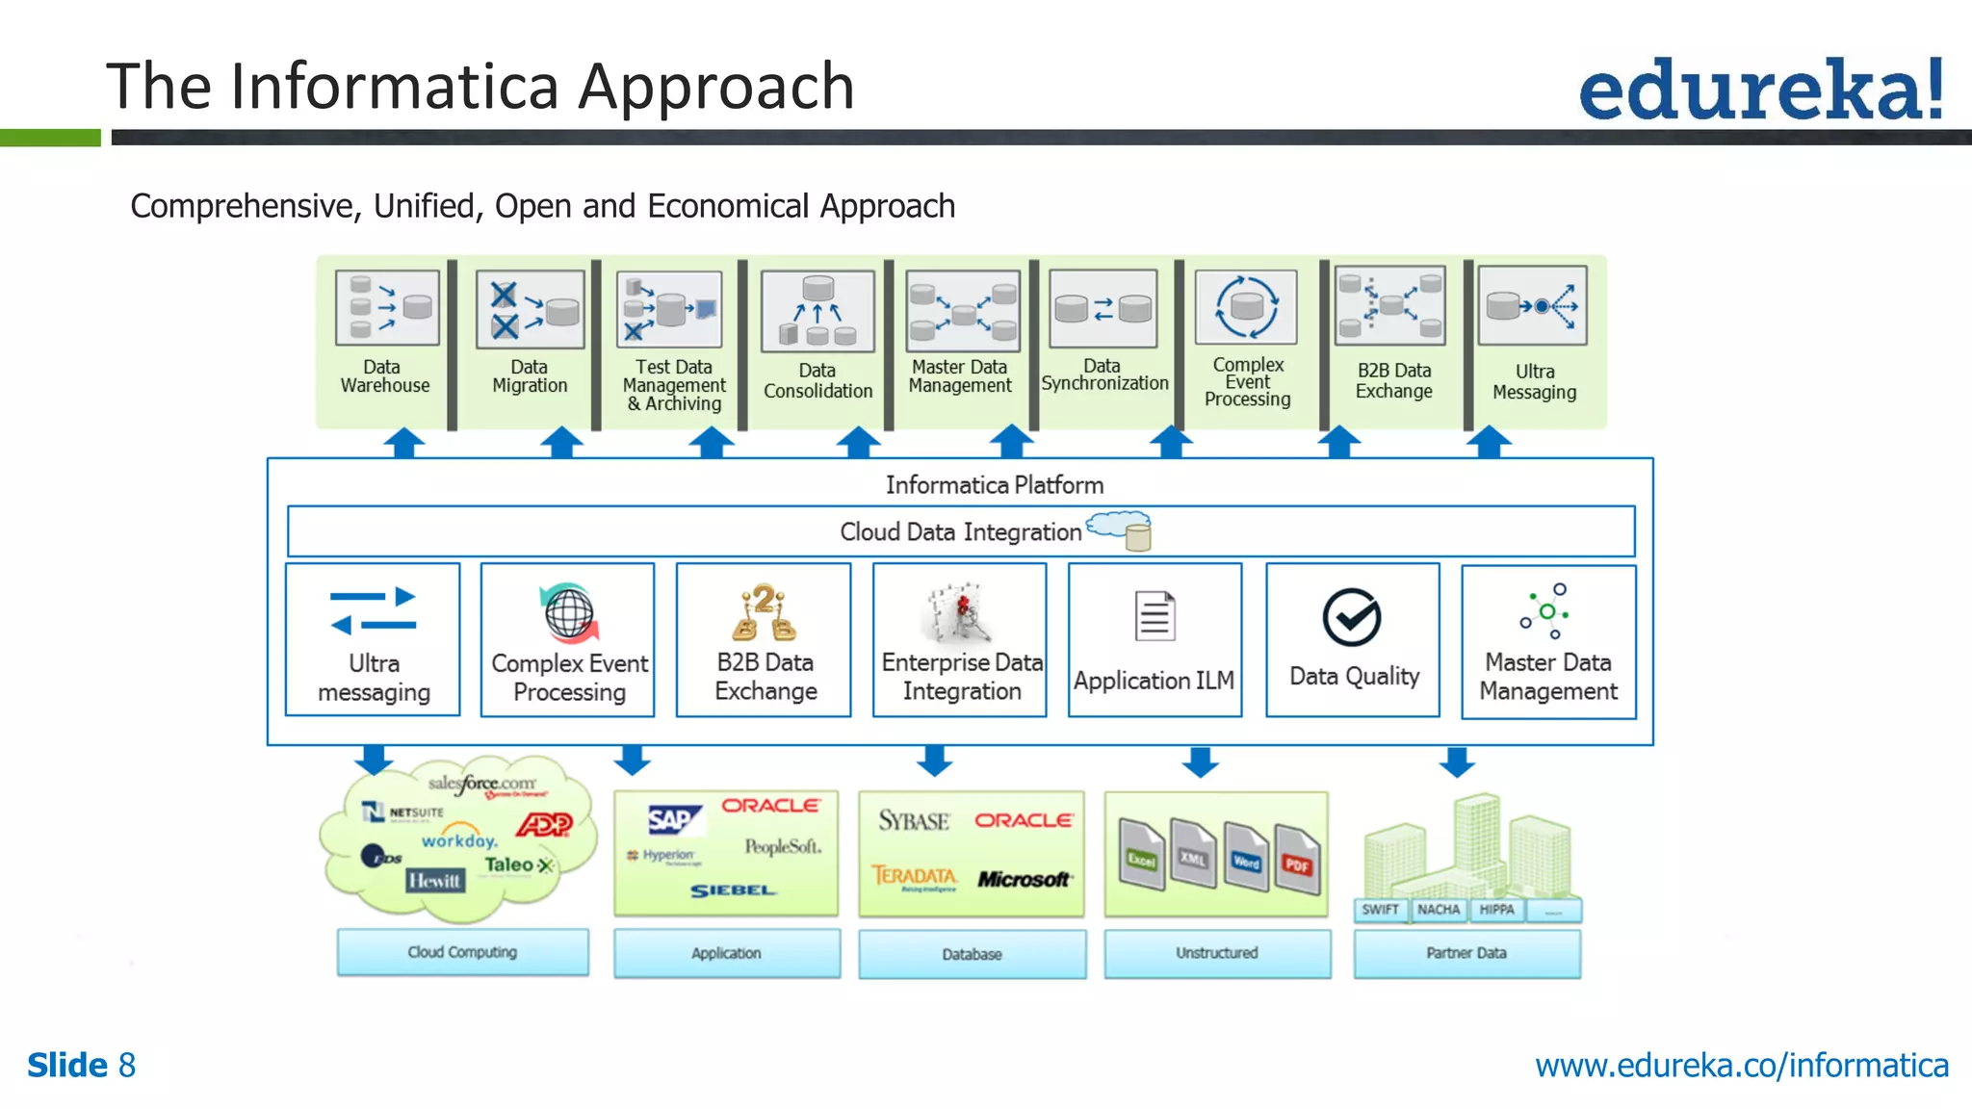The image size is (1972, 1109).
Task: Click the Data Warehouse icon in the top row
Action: pos(387,308)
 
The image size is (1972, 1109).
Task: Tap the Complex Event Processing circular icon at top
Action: pos(1246,307)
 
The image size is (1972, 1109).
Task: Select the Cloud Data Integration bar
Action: pos(960,531)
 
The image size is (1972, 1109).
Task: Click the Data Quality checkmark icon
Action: pos(1352,617)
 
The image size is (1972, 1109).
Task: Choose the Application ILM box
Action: pos(1155,640)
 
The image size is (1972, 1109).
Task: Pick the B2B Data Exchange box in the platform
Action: pos(764,640)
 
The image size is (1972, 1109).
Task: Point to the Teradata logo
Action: pos(914,876)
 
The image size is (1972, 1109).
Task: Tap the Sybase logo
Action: pos(913,821)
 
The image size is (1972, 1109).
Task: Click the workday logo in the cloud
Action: pos(458,838)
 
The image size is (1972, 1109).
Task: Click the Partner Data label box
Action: pos(1466,953)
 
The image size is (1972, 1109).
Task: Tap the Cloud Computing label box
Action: pos(462,952)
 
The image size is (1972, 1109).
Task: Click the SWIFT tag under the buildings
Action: pos(1380,910)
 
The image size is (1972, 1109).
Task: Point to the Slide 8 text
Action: pos(82,1066)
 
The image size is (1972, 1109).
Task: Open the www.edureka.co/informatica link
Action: pos(1741,1066)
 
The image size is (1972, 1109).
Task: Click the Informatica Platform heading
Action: pos(994,485)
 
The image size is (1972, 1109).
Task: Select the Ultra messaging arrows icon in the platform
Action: pos(373,611)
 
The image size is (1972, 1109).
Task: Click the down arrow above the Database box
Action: pos(934,761)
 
